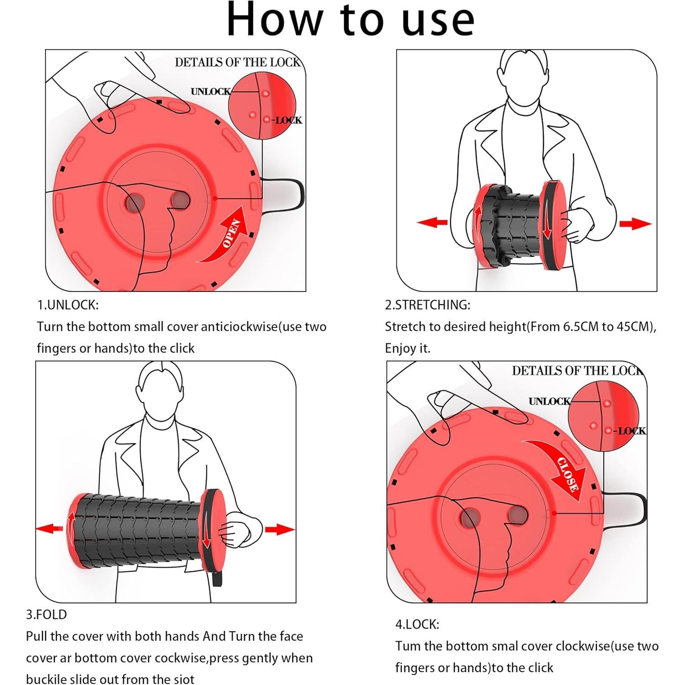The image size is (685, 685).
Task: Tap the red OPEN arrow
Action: (228, 237)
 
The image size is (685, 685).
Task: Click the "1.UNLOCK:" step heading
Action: (68, 305)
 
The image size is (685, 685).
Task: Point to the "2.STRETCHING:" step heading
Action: (427, 305)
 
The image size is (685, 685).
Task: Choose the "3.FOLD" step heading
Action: (46, 615)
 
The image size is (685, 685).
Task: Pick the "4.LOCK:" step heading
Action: (417, 624)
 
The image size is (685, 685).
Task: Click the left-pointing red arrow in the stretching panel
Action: (432, 222)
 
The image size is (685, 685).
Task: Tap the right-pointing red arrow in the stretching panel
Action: (635, 224)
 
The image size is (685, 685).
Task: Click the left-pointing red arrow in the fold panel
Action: (50, 528)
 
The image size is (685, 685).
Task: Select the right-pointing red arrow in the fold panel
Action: (279, 530)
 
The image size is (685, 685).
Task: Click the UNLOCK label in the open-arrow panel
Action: (211, 92)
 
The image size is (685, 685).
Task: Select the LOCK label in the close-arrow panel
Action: (632, 431)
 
